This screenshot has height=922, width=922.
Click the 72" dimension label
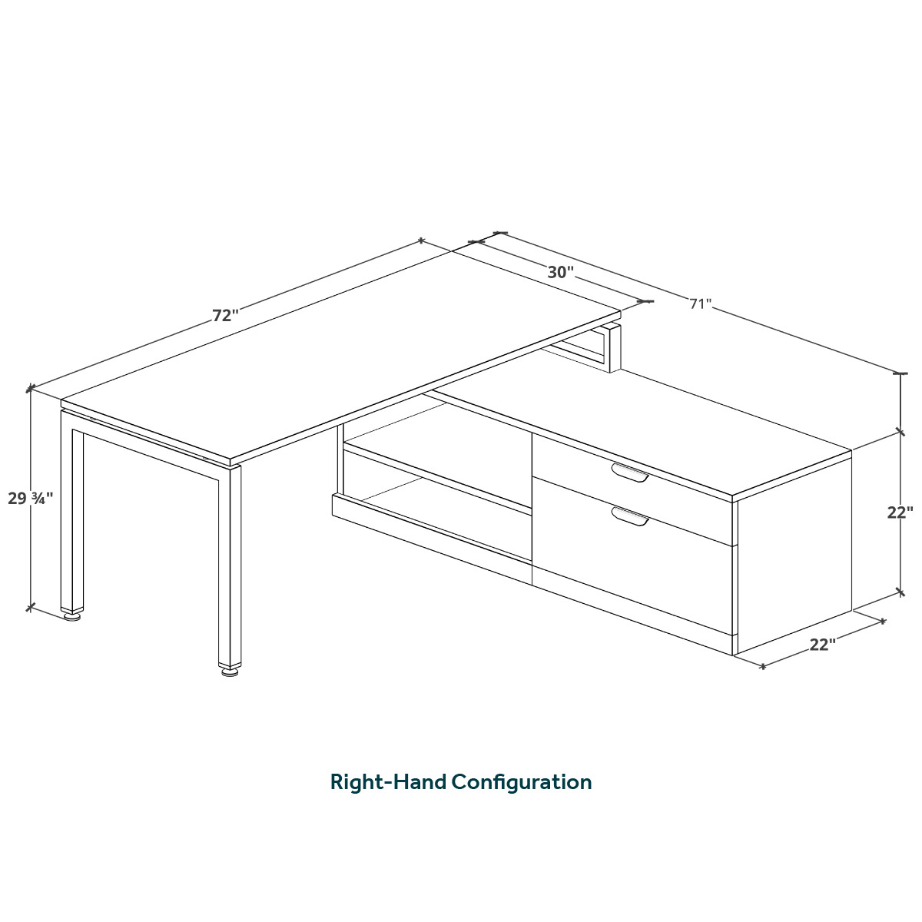click(x=225, y=316)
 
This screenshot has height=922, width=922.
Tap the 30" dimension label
click(x=560, y=272)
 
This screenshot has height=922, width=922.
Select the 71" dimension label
click(x=701, y=303)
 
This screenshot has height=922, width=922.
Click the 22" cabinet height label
click(x=900, y=512)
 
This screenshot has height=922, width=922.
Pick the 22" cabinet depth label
click(x=822, y=645)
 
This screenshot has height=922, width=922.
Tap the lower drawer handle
click(x=630, y=516)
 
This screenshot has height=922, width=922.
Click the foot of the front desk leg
click(x=229, y=670)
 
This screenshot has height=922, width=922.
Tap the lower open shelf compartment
click(x=438, y=507)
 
